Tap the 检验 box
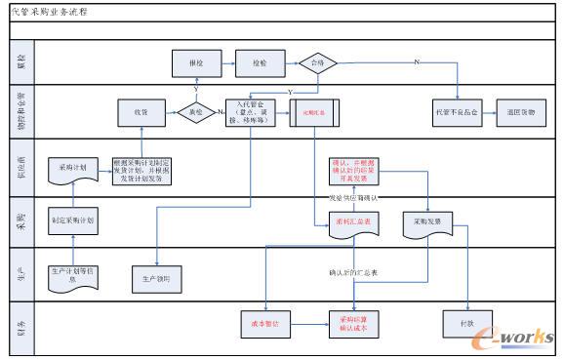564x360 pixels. pyautogui.click(x=259, y=63)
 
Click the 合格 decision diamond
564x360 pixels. pyautogui.click(x=317, y=63)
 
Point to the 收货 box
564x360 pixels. pyautogui.click(x=140, y=113)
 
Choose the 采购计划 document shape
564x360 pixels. pyautogui.click(x=72, y=168)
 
